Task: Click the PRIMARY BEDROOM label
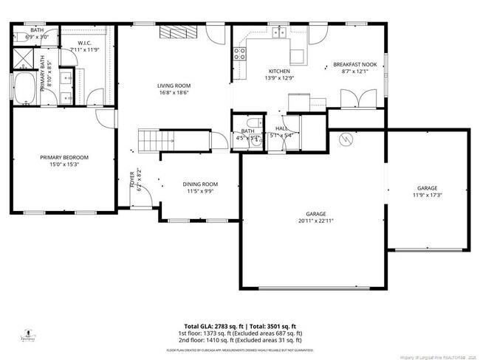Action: click(64, 157)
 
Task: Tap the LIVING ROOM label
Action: click(174, 86)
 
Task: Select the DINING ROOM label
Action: click(200, 184)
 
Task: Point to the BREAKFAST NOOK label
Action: click(354, 65)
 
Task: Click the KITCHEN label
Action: click(279, 71)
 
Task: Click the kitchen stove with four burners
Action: click(240, 52)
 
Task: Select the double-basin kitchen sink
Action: click(278, 32)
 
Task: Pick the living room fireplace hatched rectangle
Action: click(176, 32)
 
